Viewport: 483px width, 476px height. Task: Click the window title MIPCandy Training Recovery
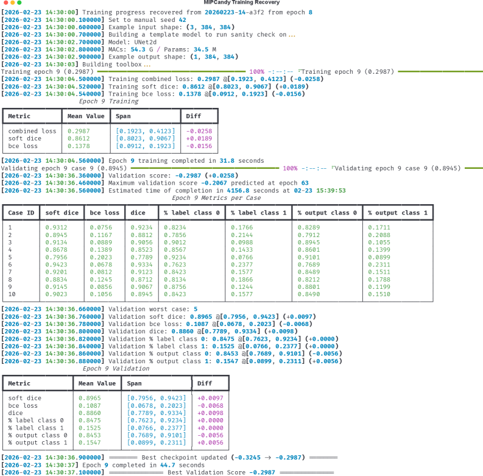pyautogui.click(x=241, y=3)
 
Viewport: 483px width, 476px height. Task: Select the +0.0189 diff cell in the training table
pyautogui.click(x=198, y=139)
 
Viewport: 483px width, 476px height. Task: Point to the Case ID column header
pyautogui.click(x=19, y=213)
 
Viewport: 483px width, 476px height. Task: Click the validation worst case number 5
pyautogui.click(x=195, y=309)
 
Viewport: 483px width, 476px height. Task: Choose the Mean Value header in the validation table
pyautogui.click(x=96, y=383)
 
